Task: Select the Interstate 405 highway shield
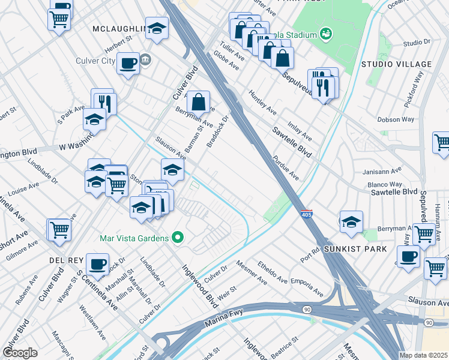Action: click(x=306, y=214)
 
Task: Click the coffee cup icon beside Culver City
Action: click(x=128, y=63)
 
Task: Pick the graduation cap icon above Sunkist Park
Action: click(x=351, y=221)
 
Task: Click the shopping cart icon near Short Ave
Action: click(x=59, y=229)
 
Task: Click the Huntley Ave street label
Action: click(x=263, y=103)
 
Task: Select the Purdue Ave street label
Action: click(x=286, y=169)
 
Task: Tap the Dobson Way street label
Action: click(x=396, y=119)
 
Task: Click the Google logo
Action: click(x=20, y=353)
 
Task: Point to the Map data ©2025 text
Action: click(x=423, y=355)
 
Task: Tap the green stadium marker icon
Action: click(x=326, y=34)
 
